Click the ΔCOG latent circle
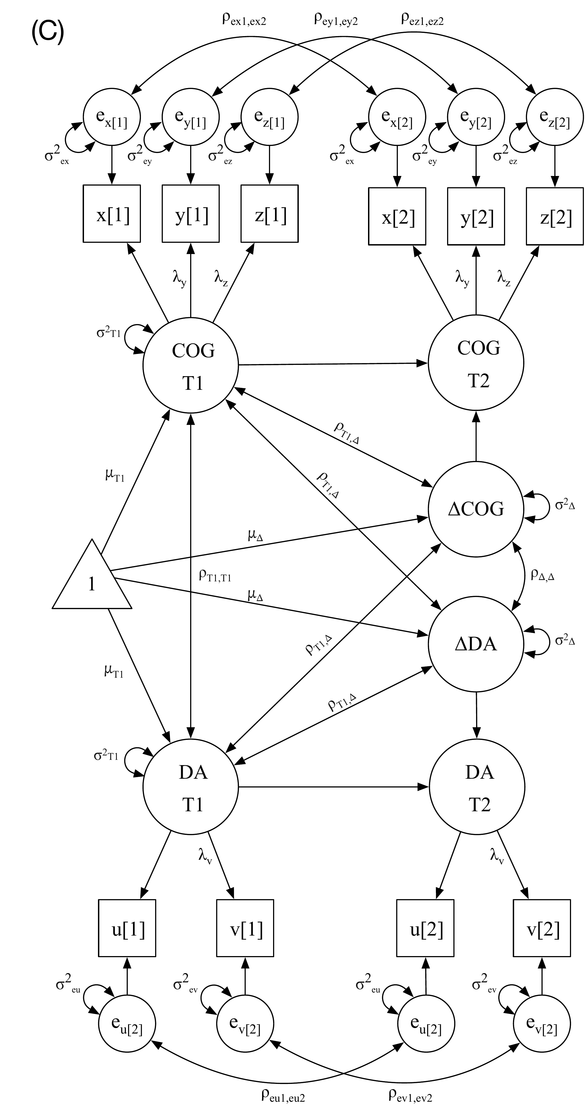tap(476, 509)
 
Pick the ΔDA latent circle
tap(476, 644)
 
